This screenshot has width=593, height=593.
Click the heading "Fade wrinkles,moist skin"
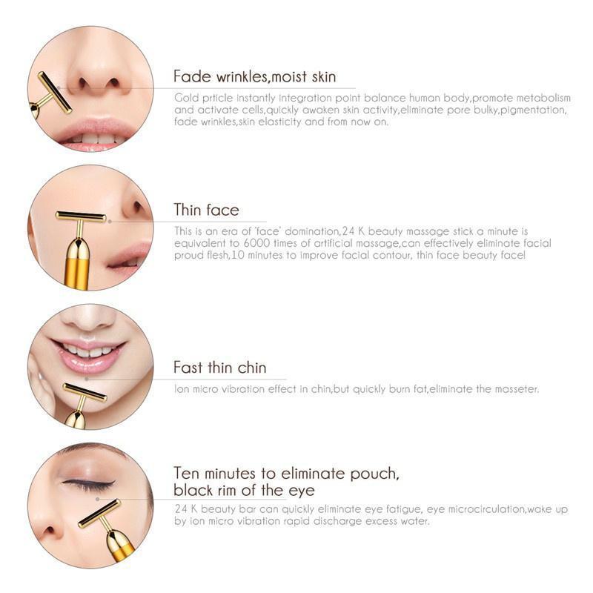point(254,77)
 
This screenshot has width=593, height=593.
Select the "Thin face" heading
point(206,210)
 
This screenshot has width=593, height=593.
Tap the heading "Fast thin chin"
point(219,368)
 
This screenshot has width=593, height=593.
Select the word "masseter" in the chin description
point(517,389)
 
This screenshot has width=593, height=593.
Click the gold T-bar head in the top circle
point(54,92)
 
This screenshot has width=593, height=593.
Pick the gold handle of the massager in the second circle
point(78,265)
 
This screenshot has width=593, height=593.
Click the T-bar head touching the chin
point(85,391)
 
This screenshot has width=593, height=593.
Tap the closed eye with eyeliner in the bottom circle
point(89,484)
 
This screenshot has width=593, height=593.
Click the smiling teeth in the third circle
point(89,350)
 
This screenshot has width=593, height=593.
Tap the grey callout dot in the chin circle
point(87,378)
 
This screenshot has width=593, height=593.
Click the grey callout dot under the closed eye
point(98,499)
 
